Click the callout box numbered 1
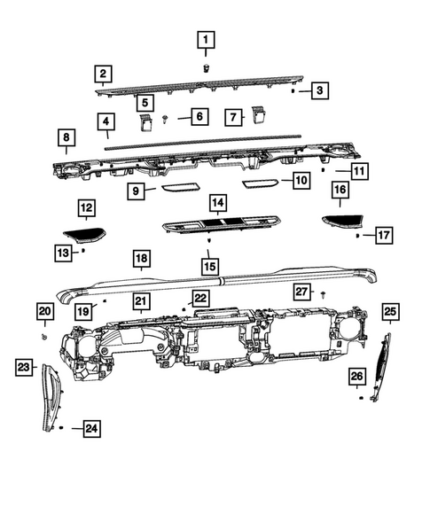pyautogui.click(x=206, y=39)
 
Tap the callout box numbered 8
pyautogui.click(x=66, y=137)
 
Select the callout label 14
pyautogui.click(x=216, y=203)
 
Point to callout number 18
pyautogui.click(x=140, y=259)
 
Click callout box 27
pyautogui.click(x=301, y=292)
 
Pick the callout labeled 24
pyautogui.click(x=91, y=429)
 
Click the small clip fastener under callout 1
pyautogui.click(x=206, y=67)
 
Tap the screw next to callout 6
pyautogui.click(x=166, y=118)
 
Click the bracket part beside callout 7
pyautogui.click(x=261, y=113)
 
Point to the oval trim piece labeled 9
pyautogui.click(x=181, y=188)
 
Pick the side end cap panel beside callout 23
pyautogui.click(x=51, y=399)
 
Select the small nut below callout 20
pyautogui.click(x=44, y=338)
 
